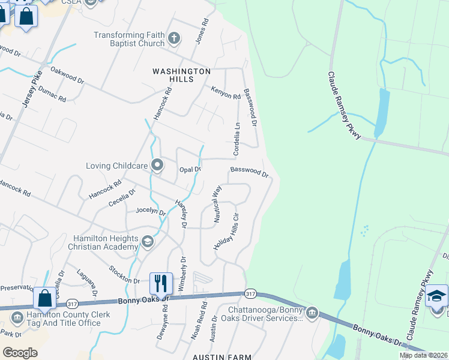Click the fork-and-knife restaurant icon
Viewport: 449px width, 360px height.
(x=161, y=283)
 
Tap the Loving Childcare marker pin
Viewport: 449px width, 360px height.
(x=157, y=164)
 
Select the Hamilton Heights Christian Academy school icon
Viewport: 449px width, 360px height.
(x=147, y=241)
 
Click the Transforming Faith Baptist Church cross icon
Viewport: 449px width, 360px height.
(x=174, y=39)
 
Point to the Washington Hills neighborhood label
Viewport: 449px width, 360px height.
(x=181, y=75)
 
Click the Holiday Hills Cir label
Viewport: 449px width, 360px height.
(x=227, y=231)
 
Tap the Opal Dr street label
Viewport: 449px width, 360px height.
(x=190, y=170)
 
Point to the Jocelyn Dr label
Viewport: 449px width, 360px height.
(x=151, y=211)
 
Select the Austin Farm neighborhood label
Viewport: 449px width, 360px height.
(x=221, y=357)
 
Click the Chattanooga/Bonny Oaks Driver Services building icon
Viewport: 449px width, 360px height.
(x=312, y=313)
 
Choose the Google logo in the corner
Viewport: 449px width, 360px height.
(x=20, y=352)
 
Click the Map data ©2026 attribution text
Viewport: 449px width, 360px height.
(x=423, y=355)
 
